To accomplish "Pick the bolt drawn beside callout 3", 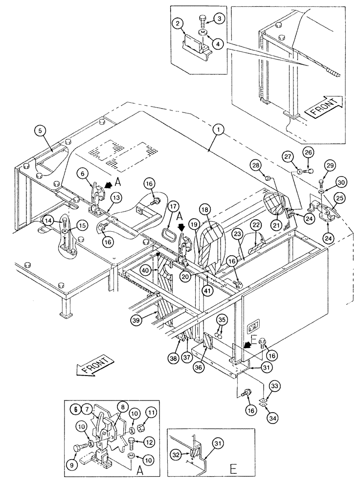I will tap(203, 21).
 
